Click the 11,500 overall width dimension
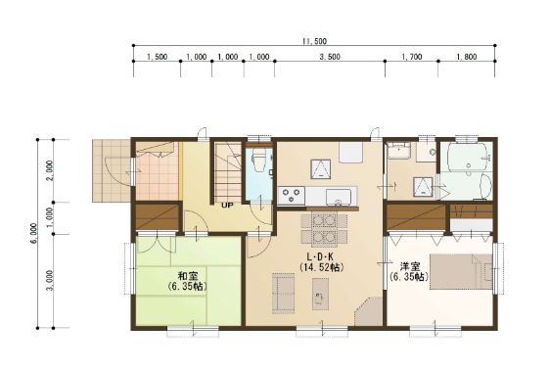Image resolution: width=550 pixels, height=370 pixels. (x=315, y=41)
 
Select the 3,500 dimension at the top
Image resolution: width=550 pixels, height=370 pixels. (x=330, y=57)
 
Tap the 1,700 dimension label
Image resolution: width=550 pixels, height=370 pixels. (x=412, y=57)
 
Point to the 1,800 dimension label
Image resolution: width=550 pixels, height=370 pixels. (x=467, y=57)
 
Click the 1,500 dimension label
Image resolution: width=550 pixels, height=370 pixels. (x=157, y=57)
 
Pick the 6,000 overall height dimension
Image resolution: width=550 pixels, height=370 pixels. (x=33, y=233)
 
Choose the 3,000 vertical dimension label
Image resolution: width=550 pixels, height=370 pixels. (x=50, y=280)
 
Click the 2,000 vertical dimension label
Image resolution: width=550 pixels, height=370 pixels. (x=50, y=170)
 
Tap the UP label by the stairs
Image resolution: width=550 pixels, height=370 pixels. (x=227, y=206)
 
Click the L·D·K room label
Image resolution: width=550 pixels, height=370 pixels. (x=320, y=256)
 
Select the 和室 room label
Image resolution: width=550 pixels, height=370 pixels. (x=188, y=276)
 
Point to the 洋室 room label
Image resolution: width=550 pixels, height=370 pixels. (x=410, y=266)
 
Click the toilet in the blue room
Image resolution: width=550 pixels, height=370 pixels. (x=259, y=161)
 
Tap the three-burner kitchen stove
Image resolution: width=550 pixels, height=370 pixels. (x=291, y=196)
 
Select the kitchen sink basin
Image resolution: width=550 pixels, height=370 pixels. (x=339, y=197)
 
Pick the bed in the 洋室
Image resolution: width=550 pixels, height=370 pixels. (x=461, y=272)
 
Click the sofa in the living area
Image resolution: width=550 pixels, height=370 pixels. (x=283, y=293)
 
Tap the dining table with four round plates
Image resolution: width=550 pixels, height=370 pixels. (x=324, y=229)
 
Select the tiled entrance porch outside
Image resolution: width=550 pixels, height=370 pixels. (x=112, y=170)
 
